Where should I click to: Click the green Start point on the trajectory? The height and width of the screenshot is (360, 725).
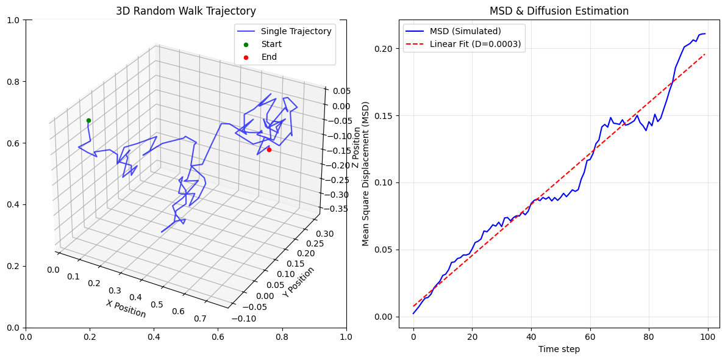click(x=88, y=120)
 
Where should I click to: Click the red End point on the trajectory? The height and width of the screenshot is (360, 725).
click(x=269, y=149)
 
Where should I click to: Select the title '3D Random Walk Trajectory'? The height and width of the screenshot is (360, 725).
click(x=186, y=11)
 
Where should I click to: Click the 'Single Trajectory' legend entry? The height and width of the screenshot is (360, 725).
click(x=296, y=31)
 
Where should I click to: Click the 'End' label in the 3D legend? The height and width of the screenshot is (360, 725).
click(x=269, y=57)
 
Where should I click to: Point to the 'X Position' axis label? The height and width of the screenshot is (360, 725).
click(x=126, y=309)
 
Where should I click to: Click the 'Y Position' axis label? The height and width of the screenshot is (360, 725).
click(x=299, y=282)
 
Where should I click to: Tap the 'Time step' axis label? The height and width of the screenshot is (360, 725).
click(x=559, y=349)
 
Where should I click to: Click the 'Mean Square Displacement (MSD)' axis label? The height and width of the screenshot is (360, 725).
click(x=366, y=173)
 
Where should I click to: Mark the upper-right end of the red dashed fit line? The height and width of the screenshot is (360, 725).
click(x=705, y=54)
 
